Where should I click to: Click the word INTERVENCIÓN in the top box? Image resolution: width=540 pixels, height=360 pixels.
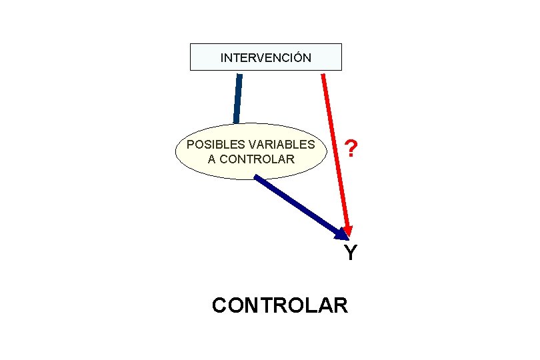[x=265, y=58]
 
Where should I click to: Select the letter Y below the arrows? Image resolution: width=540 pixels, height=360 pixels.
[x=350, y=253]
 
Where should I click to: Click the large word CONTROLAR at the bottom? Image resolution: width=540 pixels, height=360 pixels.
[x=279, y=305]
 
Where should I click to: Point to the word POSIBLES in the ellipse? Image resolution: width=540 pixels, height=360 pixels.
[x=207, y=145]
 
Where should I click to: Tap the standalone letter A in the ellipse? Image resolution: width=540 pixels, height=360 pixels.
[x=212, y=159]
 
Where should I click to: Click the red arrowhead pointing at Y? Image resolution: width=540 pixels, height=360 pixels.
[x=347, y=229]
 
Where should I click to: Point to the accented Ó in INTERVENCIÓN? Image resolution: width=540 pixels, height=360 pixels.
[x=297, y=57]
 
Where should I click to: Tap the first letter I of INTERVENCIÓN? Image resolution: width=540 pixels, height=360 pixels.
[x=222, y=58]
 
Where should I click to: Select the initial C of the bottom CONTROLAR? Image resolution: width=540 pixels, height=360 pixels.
[x=219, y=305]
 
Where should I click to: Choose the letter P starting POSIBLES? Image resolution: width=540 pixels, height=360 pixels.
[x=190, y=145]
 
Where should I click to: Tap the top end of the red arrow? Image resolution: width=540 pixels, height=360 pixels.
[x=323, y=75]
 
